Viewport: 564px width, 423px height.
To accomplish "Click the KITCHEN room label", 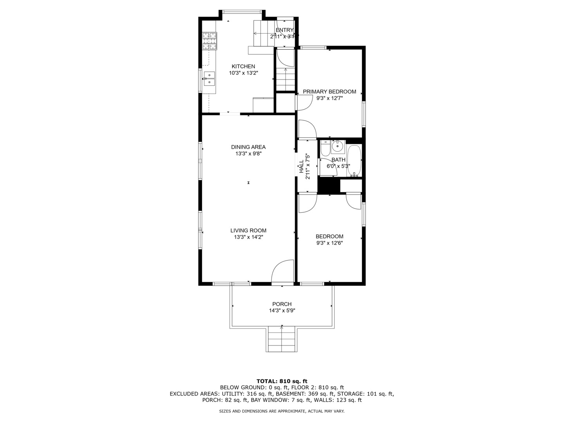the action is (x=243, y=66).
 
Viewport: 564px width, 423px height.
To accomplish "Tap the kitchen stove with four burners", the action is (x=210, y=41).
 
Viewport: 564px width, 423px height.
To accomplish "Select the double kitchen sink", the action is (x=210, y=79).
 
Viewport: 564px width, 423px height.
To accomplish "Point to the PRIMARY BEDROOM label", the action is (x=329, y=92).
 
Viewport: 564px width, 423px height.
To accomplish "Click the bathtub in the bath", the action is (x=354, y=161).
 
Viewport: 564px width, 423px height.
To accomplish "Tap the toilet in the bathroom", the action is (x=325, y=148).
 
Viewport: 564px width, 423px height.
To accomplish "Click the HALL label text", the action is (x=301, y=166).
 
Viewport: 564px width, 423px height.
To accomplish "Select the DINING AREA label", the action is (x=248, y=147).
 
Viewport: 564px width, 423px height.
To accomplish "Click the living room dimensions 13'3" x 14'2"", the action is (x=248, y=237).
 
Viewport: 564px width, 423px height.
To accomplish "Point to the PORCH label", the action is (x=282, y=304).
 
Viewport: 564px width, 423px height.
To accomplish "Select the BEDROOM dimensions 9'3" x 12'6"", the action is (x=329, y=243).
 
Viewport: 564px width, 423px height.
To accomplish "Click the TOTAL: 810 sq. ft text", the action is (x=282, y=381).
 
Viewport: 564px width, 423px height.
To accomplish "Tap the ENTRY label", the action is (x=284, y=30).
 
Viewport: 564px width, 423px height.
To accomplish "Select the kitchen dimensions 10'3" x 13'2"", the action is (x=243, y=73).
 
